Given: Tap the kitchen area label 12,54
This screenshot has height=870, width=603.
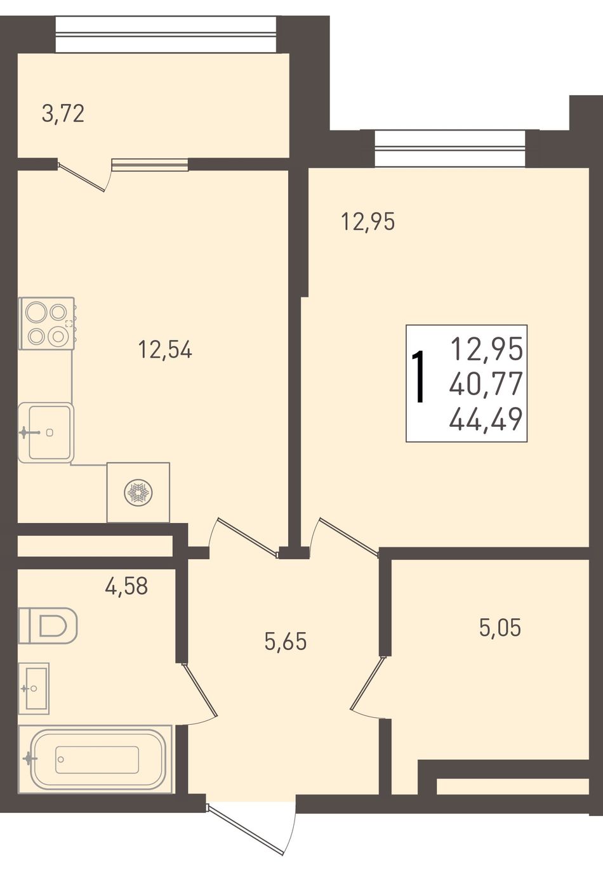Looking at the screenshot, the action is [165, 349].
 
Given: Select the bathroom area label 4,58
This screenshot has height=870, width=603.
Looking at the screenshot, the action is [126, 586].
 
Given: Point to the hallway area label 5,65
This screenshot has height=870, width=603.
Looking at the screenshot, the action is [286, 641].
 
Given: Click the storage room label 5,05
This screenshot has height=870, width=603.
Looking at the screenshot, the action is [500, 628].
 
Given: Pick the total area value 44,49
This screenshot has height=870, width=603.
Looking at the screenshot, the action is [486, 420].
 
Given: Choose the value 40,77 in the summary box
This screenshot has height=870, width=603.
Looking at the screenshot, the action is [486, 384].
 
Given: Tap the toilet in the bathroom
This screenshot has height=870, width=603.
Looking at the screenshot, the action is [48, 625].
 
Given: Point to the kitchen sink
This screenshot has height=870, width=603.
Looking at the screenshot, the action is [46, 432].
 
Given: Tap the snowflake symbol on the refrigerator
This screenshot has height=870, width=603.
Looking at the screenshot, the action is [138, 493].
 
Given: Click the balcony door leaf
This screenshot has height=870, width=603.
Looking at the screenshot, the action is [82, 178].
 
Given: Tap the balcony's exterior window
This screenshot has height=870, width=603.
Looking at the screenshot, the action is [166, 34].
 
